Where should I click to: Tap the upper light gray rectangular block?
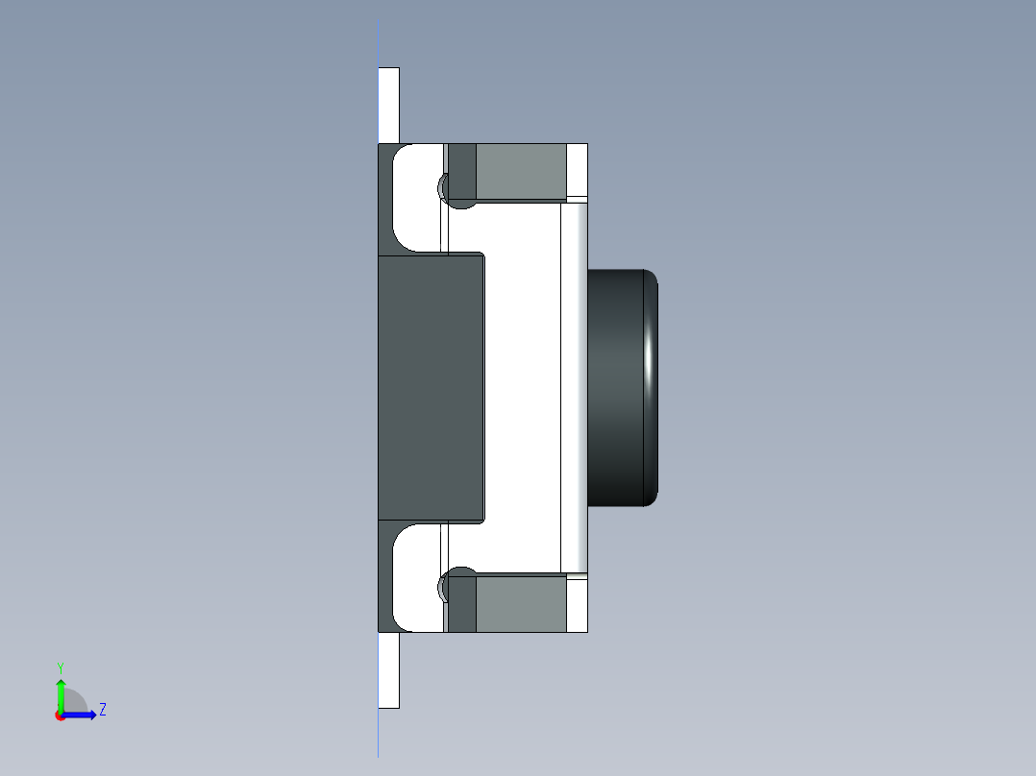point(520,172)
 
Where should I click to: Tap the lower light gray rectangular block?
point(520,604)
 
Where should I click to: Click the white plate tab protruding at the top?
point(388,104)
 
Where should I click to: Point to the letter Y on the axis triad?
point(60,667)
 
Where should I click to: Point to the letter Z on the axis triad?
point(102,710)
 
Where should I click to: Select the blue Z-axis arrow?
point(82,715)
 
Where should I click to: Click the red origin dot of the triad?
point(60,715)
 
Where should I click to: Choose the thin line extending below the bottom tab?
point(379,734)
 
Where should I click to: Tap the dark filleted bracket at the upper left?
point(385,197)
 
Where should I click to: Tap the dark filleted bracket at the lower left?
point(385,579)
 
